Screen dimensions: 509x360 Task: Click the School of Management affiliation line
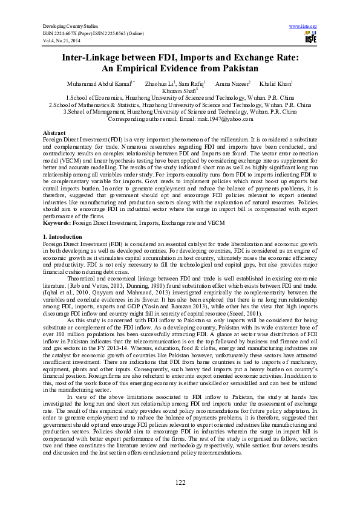click(x=180, y=112)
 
